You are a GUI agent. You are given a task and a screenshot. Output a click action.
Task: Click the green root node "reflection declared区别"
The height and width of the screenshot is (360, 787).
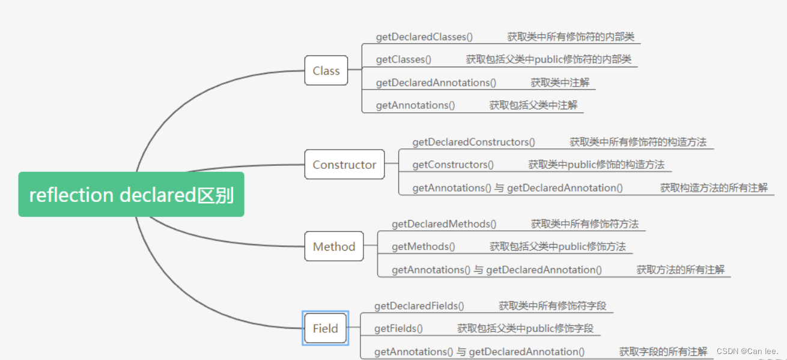tap(131, 195)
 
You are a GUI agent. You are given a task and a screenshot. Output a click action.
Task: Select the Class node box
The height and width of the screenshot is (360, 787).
tap(326, 71)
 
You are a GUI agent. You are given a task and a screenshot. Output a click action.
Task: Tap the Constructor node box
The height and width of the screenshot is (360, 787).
tap(344, 165)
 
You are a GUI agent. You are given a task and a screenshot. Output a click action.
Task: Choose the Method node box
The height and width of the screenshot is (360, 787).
tap(334, 246)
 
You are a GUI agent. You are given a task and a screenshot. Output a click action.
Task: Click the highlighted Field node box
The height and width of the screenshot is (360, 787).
tap(325, 329)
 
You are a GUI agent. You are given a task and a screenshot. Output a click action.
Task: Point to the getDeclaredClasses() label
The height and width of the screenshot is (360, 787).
tap(424, 37)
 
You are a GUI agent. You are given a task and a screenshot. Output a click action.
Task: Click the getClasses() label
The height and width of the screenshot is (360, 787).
tap(404, 59)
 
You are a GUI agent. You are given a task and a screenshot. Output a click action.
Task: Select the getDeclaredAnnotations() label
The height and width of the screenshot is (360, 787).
tap(436, 82)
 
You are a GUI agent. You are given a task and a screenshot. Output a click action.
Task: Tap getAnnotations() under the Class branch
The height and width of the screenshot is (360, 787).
tap(415, 105)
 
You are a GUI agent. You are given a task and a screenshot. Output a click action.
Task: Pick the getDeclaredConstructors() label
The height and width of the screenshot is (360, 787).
tap(473, 142)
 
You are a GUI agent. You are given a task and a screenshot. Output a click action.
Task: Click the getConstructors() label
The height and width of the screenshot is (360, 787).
tap(453, 165)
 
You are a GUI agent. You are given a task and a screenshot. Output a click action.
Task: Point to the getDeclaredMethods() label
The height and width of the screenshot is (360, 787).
tap(444, 224)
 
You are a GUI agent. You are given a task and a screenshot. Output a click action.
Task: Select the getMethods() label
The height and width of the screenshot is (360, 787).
tap(423, 246)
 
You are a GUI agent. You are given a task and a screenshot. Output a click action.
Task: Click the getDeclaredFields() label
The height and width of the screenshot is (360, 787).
tap(419, 306)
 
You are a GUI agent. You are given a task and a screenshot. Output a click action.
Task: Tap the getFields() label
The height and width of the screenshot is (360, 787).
tap(398, 329)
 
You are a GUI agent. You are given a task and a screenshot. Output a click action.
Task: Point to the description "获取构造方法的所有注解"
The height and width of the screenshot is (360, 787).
tap(714, 188)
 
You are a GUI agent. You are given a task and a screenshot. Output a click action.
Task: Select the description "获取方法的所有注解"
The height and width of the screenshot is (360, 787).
tap(681, 270)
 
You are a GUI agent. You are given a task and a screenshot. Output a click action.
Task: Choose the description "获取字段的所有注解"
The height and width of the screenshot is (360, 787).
tap(663, 352)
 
